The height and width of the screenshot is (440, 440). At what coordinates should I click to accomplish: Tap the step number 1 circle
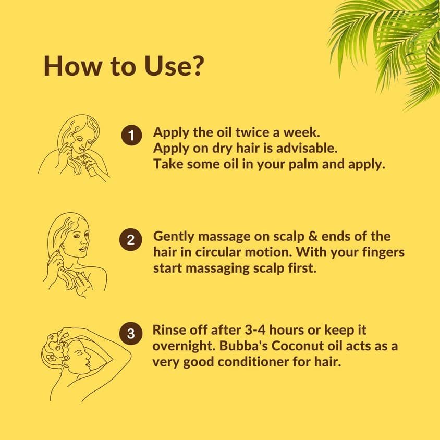[131, 135]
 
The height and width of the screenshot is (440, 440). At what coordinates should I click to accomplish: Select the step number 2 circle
[131, 240]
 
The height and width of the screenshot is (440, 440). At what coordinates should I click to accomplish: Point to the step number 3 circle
[131, 334]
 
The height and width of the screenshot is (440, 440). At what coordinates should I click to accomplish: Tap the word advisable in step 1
[307, 148]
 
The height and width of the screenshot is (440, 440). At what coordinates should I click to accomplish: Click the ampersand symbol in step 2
[313, 236]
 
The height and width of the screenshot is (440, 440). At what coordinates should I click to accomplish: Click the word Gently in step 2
[174, 237]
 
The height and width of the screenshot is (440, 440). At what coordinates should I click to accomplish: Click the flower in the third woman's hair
[52, 358]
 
